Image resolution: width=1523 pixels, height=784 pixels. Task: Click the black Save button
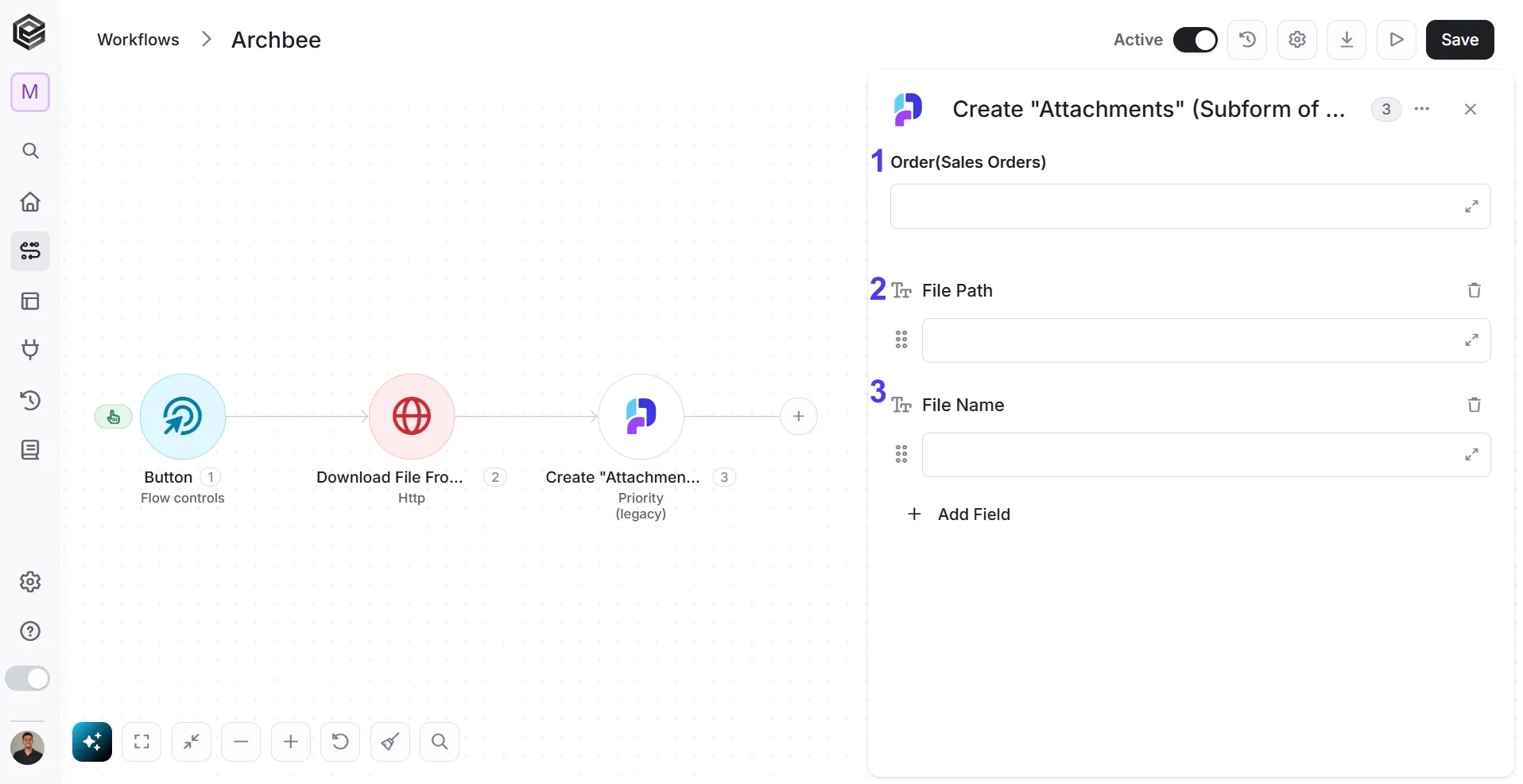coord(1459,40)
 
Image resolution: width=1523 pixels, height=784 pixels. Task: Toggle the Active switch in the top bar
coord(1195,40)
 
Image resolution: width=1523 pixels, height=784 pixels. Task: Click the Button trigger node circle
coord(183,417)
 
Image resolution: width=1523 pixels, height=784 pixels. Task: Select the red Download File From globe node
coord(412,417)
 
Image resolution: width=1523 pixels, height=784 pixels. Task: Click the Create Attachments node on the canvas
coord(641,417)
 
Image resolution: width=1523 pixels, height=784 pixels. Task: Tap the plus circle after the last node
coord(799,417)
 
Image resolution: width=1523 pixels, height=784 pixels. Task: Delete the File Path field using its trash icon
coord(1474,290)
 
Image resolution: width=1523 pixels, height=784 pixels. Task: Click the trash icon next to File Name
coord(1474,405)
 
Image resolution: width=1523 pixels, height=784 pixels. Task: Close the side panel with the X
coord(1470,110)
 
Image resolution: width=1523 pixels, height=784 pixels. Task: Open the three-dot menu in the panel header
coord(1422,109)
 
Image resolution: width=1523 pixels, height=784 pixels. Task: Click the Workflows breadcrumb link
coord(138,40)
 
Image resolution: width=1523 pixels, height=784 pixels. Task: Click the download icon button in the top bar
coord(1347,40)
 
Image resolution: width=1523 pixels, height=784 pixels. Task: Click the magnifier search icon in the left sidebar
coord(30,151)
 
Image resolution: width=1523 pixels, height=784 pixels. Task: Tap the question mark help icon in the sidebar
coord(30,631)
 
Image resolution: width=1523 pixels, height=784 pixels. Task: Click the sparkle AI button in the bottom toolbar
coord(92,742)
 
